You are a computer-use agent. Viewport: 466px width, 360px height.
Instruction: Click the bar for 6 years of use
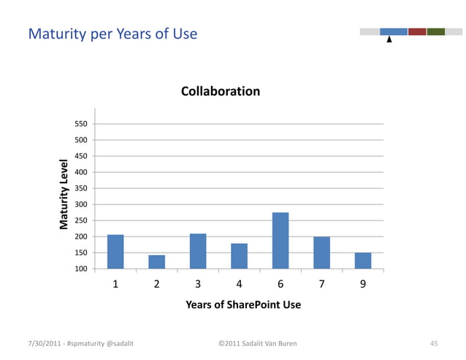click(280, 240)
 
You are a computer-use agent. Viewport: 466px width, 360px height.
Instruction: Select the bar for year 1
click(115, 251)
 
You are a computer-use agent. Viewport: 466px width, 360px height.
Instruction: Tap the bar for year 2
click(156, 261)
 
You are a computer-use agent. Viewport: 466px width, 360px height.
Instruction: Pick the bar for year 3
click(198, 250)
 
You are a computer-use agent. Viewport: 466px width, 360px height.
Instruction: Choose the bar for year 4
click(239, 256)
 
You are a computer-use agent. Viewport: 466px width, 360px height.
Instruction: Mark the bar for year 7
click(321, 253)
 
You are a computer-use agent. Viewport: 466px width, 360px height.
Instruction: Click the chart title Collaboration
click(221, 91)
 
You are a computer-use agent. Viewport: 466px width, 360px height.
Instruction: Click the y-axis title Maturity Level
click(64, 194)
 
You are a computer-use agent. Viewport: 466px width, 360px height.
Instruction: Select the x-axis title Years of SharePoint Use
click(243, 305)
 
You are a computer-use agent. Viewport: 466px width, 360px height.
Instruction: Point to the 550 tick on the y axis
click(81, 124)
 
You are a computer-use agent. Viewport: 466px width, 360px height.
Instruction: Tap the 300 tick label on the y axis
click(81, 204)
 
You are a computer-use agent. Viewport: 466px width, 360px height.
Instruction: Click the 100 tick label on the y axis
click(81, 269)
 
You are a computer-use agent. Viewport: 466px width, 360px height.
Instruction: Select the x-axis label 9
click(363, 285)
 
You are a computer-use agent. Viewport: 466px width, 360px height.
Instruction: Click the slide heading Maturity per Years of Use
click(112, 34)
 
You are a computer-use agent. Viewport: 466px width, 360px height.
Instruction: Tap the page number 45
click(433, 342)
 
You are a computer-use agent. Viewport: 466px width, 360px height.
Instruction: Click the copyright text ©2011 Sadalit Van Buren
click(257, 342)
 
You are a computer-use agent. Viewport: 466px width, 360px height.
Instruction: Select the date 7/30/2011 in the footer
click(44, 342)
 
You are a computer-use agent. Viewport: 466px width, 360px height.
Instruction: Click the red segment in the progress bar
click(417, 31)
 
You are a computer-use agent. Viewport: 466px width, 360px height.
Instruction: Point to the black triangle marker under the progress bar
click(389, 40)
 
